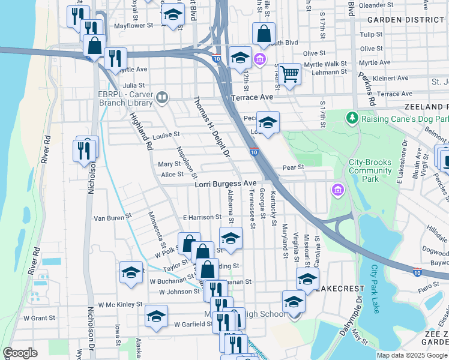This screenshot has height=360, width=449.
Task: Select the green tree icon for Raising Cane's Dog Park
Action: click(x=352, y=118)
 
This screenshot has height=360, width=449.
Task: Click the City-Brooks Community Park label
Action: click(x=370, y=170)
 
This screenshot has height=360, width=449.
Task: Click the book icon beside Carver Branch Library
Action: click(x=161, y=97)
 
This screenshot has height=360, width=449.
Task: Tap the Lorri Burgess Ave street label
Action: click(x=226, y=184)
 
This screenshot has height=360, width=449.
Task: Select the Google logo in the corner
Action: click(x=20, y=353)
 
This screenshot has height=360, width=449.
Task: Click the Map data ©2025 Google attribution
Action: click(x=412, y=355)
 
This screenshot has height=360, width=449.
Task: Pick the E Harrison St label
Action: click(x=202, y=217)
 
